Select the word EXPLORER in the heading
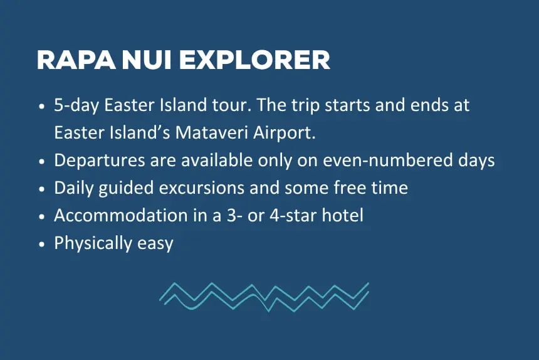254,60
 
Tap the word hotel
342,216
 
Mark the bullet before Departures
41,161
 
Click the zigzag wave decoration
264,295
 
